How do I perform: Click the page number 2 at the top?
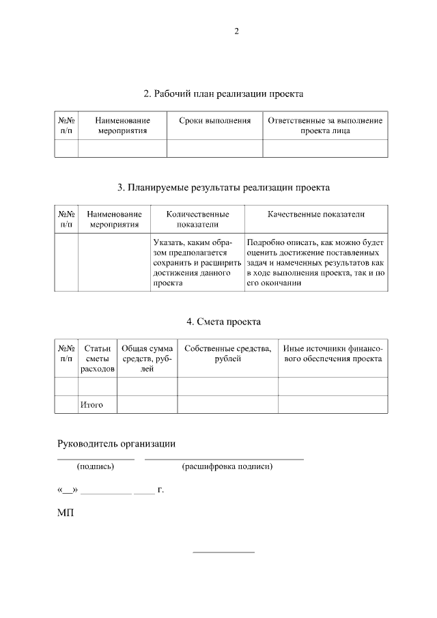coord(236,31)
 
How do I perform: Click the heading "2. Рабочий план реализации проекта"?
coord(223,93)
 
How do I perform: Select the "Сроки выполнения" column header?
coord(215,121)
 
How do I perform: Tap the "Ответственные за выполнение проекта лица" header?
coord(325,126)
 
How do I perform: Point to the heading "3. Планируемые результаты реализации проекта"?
coord(224,186)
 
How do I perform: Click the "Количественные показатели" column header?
coord(197,219)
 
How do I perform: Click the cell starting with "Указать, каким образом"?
coord(197,262)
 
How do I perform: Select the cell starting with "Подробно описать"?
coord(316,262)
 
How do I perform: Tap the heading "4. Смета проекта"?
coord(223,322)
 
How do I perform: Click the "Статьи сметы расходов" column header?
coord(98,359)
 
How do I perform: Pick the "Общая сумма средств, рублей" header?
coord(147,359)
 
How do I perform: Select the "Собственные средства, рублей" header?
coord(227,354)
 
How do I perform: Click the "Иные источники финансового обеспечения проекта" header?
coord(333,354)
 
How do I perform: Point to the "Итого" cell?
coord(91,405)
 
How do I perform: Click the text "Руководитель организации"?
coord(116,444)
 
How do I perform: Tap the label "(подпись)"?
coord(96,467)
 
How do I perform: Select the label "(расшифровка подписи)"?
coord(227,467)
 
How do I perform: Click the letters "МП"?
coord(66,512)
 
